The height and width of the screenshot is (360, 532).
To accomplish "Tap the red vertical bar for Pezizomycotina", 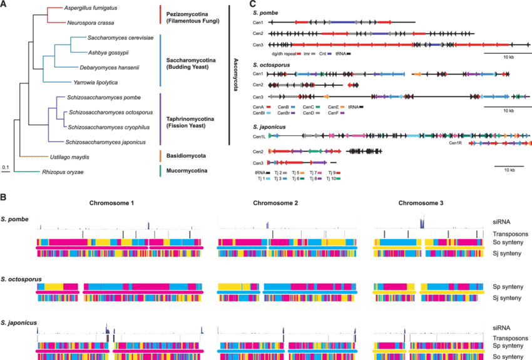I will click(x=161, y=14).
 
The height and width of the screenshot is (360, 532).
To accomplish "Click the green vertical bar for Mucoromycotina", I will click(x=161, y=170).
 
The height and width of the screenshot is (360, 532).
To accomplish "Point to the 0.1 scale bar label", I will click(x=4, y=167).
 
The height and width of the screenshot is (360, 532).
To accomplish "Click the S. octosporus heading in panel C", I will click(x=267, y=64).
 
